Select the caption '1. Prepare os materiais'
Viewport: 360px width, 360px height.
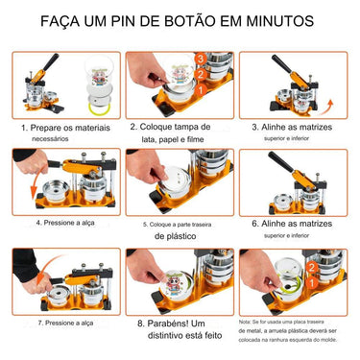pos(62,126)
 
